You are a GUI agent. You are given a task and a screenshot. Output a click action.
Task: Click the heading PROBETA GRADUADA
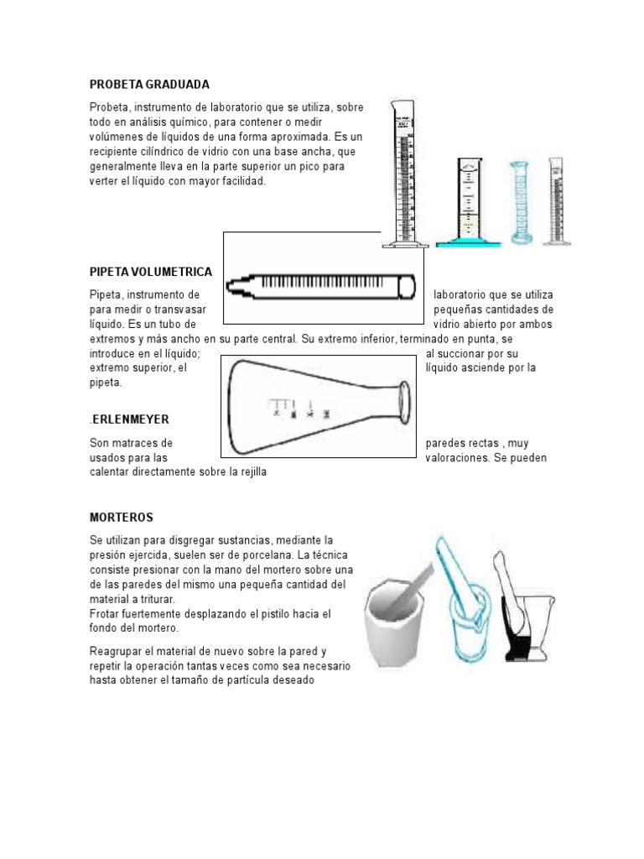pyautogui.click(x=148, y=85)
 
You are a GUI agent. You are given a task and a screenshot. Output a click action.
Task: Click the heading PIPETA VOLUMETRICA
pyautogui.click(x=150, y=272)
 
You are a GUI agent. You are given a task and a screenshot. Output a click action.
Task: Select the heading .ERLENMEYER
pyautogui.click(x=135, y=419)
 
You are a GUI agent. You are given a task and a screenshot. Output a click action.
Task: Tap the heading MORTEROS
pyautogui.click(x=122, y=517)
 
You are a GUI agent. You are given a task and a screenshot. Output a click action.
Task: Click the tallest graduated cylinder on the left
pyautogui.click(x=404, y=176)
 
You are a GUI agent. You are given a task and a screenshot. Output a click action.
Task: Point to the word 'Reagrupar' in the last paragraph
pyautogui.click(x=116, y=651)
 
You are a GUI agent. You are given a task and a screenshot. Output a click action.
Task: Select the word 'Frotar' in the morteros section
pyautogui.click(x=106, y=614)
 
